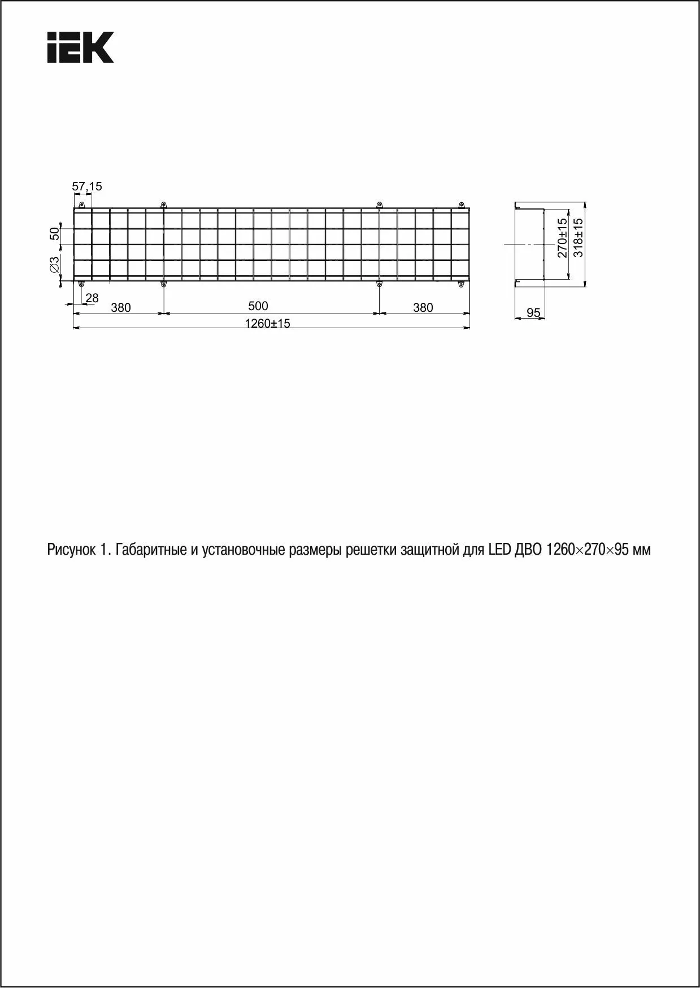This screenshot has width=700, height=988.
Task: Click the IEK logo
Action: tap(80, 47)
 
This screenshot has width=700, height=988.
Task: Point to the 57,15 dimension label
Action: tap(87, 186)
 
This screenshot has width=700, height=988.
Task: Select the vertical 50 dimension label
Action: tap(54, 233)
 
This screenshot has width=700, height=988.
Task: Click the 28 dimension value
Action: tap(92, 298)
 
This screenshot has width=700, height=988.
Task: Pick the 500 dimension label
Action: tap(258, 306)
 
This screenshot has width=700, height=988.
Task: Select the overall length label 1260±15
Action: tap(267, 324)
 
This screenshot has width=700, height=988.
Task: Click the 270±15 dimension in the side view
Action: tap(562, 238)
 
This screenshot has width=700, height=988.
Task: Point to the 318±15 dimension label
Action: tap(578, 238)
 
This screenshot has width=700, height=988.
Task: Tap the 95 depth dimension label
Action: tap(533, 312)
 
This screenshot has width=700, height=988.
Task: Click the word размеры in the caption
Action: tap(315, 550)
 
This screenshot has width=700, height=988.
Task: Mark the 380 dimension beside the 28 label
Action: tap(121, 308)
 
